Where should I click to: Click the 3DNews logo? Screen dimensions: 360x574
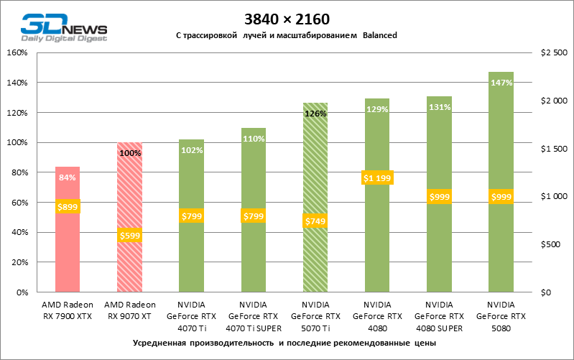[x=64, y=27]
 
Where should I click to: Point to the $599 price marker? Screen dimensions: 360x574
[x=129, y=235]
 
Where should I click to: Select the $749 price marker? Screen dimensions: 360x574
[x=315, y=221]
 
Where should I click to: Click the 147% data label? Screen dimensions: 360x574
[x=501, y=83]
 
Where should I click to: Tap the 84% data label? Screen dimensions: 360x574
[x=68, y=177]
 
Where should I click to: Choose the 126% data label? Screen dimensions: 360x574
[x=315, y=114]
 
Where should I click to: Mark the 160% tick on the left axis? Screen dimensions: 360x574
[x=17, y=52]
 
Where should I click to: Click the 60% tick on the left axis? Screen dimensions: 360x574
[x=19, y=203]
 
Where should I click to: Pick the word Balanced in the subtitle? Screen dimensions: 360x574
[x=380, y=35]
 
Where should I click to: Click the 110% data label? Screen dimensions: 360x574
[x=254, y=139]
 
